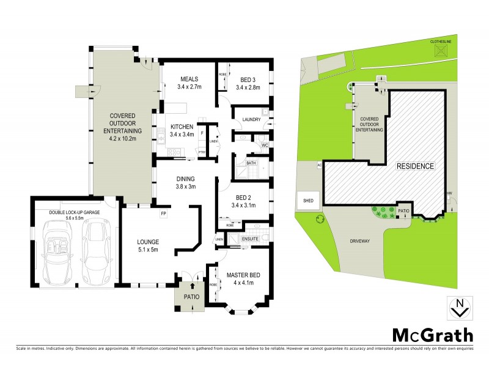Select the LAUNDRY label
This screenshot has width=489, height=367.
point(251,119)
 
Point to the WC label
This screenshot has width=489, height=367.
point(265,145)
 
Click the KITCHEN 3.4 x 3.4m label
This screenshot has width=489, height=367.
point(182,130)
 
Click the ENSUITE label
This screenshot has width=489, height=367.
point(250,239)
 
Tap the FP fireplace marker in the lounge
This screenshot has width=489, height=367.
point(163,213)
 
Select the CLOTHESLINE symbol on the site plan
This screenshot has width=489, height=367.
point(440,51)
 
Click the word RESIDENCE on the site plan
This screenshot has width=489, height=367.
point(416,166)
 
